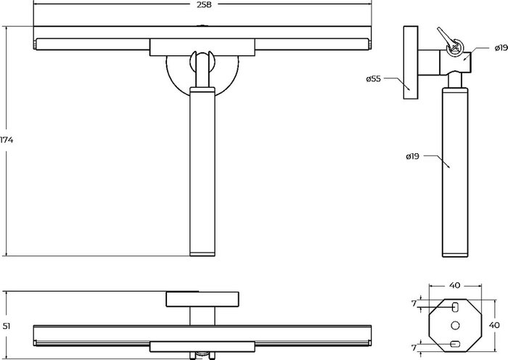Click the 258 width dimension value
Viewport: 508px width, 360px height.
tap(205, 5)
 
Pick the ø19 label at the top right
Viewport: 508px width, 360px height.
tap(500, 47)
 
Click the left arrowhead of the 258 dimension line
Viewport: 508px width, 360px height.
tap(36, 5)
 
